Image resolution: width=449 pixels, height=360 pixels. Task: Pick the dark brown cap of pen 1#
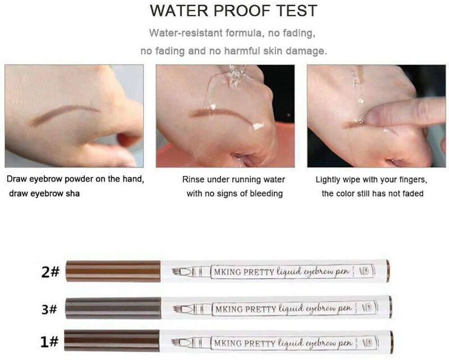coord(112,340)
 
